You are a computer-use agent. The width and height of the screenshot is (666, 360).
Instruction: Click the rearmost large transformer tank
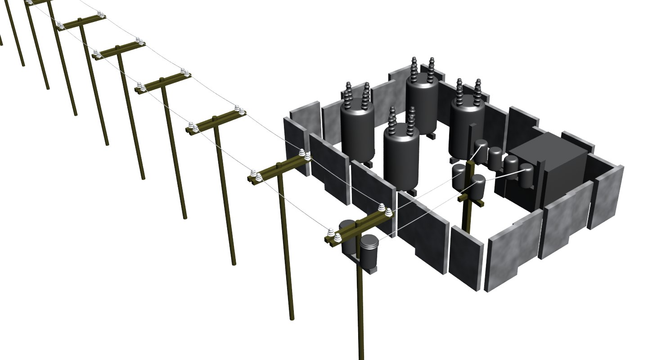point(422,103)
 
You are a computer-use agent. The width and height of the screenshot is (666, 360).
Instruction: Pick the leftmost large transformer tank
point(357,130)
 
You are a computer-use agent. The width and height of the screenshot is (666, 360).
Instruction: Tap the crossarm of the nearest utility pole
point(360,227)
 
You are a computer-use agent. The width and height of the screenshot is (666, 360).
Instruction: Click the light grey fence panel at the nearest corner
point(513,256)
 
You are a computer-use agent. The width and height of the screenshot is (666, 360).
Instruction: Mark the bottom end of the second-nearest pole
point(292,317)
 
